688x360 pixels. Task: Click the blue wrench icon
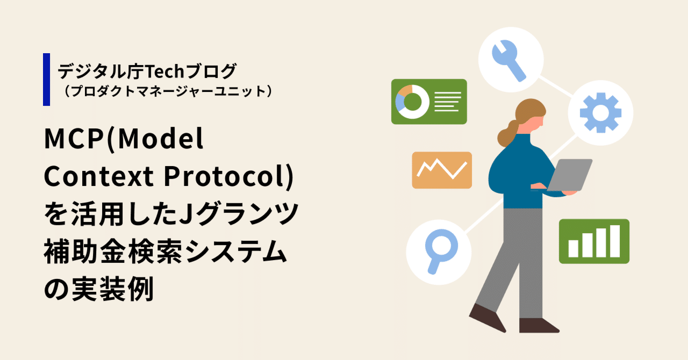[x=507, y=59]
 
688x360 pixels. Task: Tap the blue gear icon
[x=600, y=113]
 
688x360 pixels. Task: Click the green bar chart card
[x=594, y=241]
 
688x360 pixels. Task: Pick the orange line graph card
[x=442, y=170]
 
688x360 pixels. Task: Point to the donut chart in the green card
[x=412, y=101]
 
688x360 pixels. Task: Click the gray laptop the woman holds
[x=572, y=175]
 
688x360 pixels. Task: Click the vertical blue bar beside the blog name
[x=46, y=80]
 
